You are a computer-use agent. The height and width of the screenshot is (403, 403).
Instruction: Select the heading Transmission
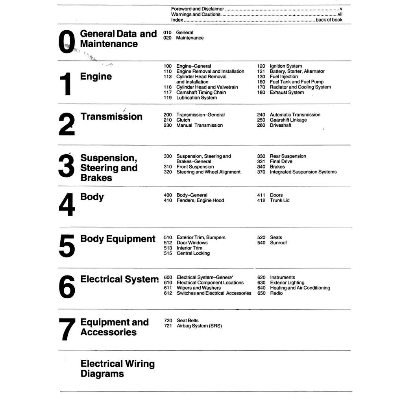(111, 116)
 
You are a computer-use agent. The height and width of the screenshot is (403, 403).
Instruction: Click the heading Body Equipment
(118, 239)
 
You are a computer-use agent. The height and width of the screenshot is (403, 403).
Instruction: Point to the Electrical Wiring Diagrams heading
(117, 369)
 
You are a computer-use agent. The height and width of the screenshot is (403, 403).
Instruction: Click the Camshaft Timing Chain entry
(201, 92)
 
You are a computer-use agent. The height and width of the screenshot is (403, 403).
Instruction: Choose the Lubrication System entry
(196, 98)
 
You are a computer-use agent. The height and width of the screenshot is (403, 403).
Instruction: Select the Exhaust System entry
(287, 92)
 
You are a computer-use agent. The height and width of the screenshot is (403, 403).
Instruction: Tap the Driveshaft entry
(281, 125)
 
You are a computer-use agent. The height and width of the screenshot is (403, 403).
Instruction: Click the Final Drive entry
(281, 161)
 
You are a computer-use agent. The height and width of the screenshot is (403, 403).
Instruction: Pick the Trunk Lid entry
(279, 200)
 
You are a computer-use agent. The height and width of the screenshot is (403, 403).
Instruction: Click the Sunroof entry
(278, 243)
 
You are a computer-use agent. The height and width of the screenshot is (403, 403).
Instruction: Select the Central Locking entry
(193, 253)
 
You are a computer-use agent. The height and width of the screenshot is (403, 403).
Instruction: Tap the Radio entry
(276, 293)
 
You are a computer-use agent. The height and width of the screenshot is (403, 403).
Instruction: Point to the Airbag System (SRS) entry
(199, 326)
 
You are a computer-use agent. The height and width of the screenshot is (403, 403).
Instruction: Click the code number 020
(167, 38)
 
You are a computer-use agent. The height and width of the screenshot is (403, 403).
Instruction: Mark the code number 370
(261, 172)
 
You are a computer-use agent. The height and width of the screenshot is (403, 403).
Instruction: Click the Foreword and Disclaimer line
(198, 9)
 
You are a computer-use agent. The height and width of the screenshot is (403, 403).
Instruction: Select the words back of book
(329, 20)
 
